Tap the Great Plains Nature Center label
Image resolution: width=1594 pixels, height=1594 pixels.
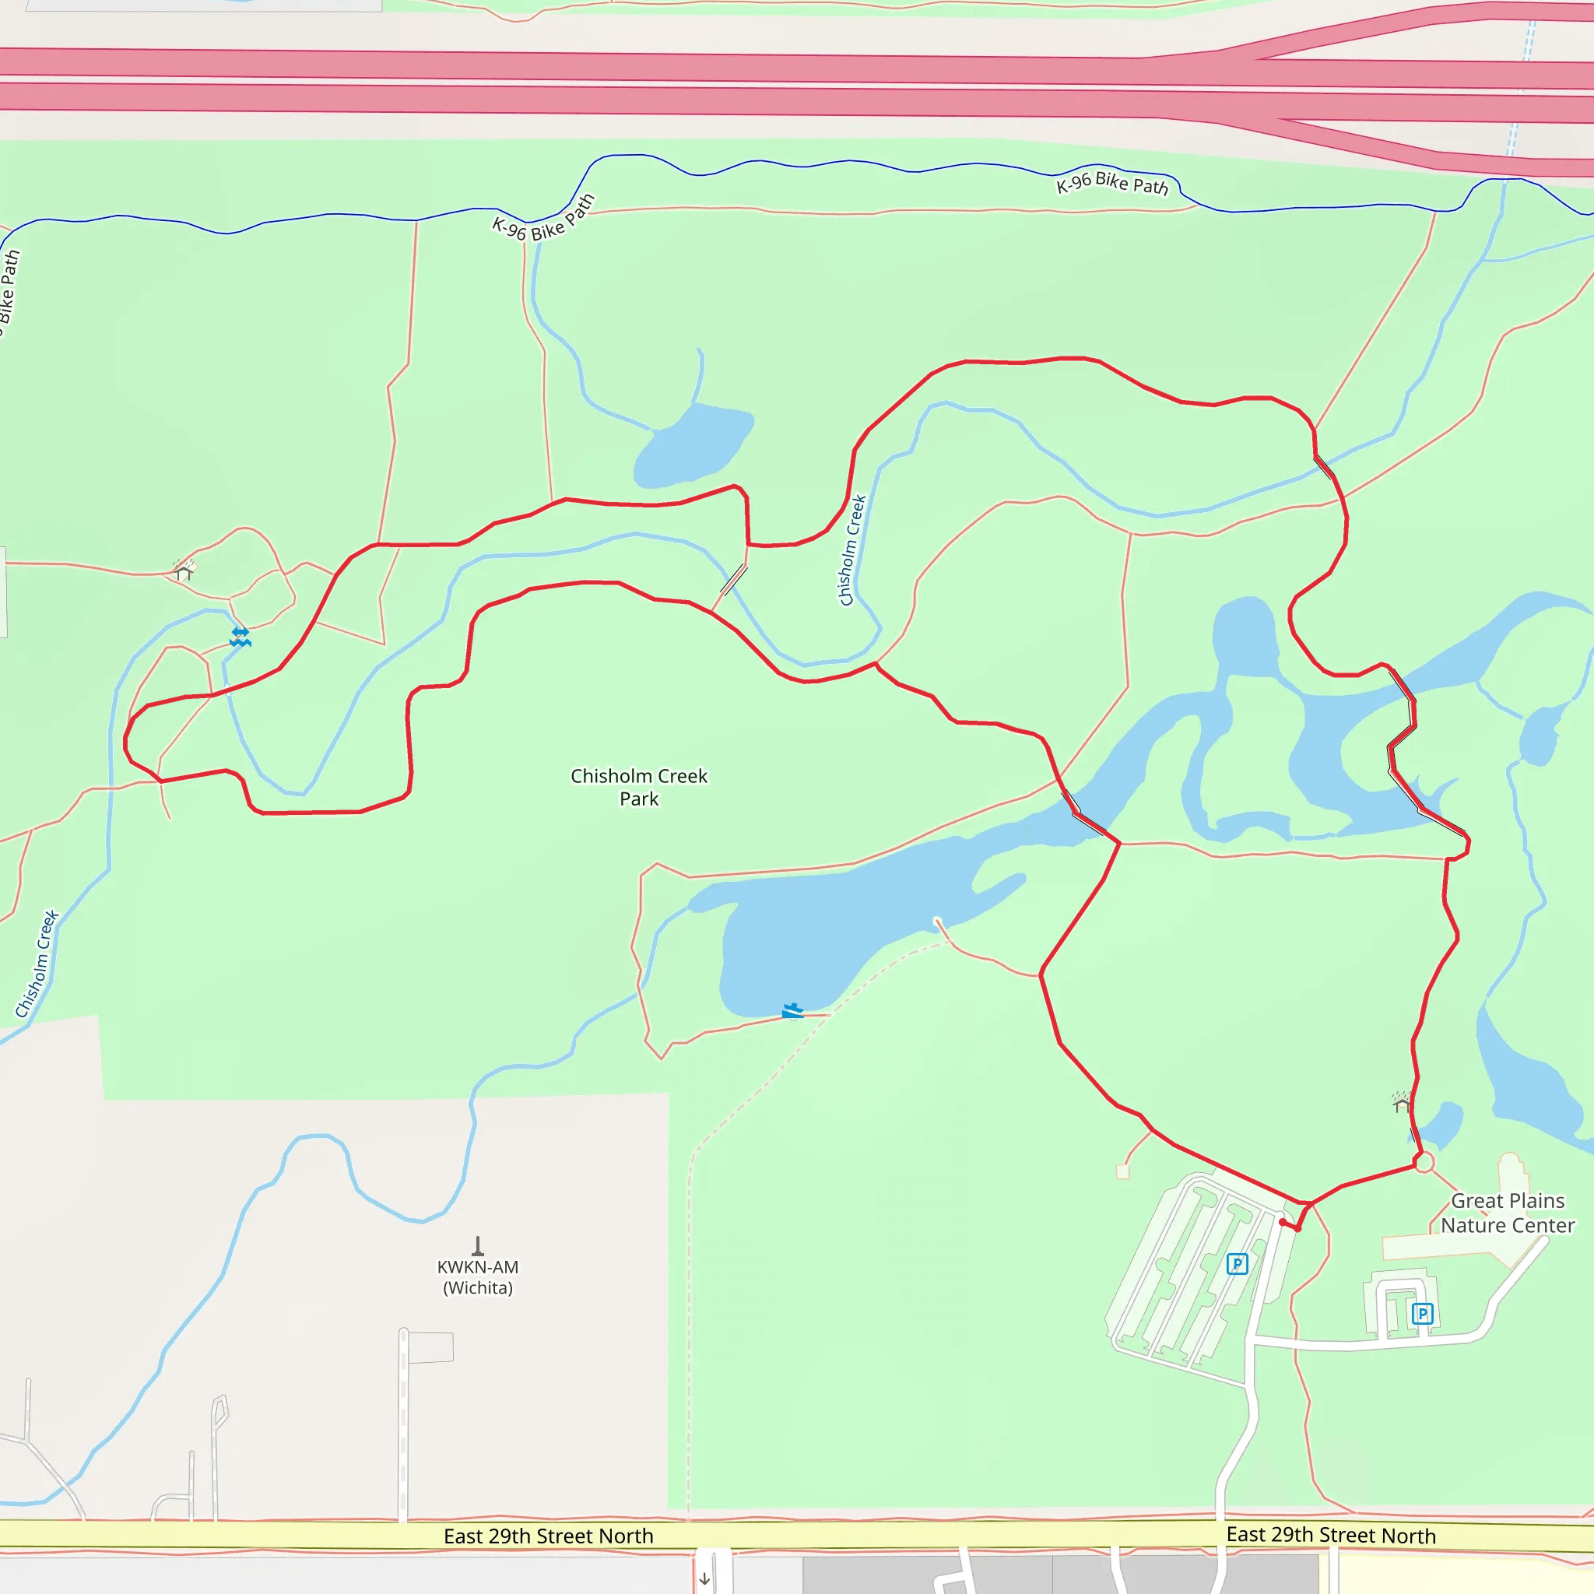(x=1508, y=1212)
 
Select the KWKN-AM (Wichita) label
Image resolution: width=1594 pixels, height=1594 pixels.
(x=478, y=1276)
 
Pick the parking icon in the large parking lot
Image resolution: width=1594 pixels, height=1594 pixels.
(x=1237, y=1263)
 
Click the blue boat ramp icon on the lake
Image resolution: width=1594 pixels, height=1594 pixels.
(x=792, y=1011)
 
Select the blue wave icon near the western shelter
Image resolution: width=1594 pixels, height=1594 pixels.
(x=240, y=636)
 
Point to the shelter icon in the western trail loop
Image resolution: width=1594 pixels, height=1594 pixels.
(x=183, y=569)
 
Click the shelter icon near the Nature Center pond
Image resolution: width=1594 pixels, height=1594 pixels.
(x=1401, y=1102)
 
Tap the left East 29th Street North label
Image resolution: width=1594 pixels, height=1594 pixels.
(x=548, y=1536)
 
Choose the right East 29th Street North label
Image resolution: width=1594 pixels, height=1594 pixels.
(x=1331, y=1535)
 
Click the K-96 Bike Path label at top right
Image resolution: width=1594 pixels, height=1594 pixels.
(x=1112, y=183)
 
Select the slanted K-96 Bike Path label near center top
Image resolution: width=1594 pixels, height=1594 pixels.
(x=543, y=219)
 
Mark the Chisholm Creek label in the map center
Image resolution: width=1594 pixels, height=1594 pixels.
(x=852, y=549)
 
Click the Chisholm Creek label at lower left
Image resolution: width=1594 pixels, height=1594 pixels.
(x=37, y=964)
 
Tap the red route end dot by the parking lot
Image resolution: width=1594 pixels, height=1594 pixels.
(x=1283, y=1222)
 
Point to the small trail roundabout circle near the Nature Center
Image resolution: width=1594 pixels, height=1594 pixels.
(x=1424, y=1163)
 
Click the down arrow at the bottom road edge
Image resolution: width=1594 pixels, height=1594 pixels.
(x=704, y=1579)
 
